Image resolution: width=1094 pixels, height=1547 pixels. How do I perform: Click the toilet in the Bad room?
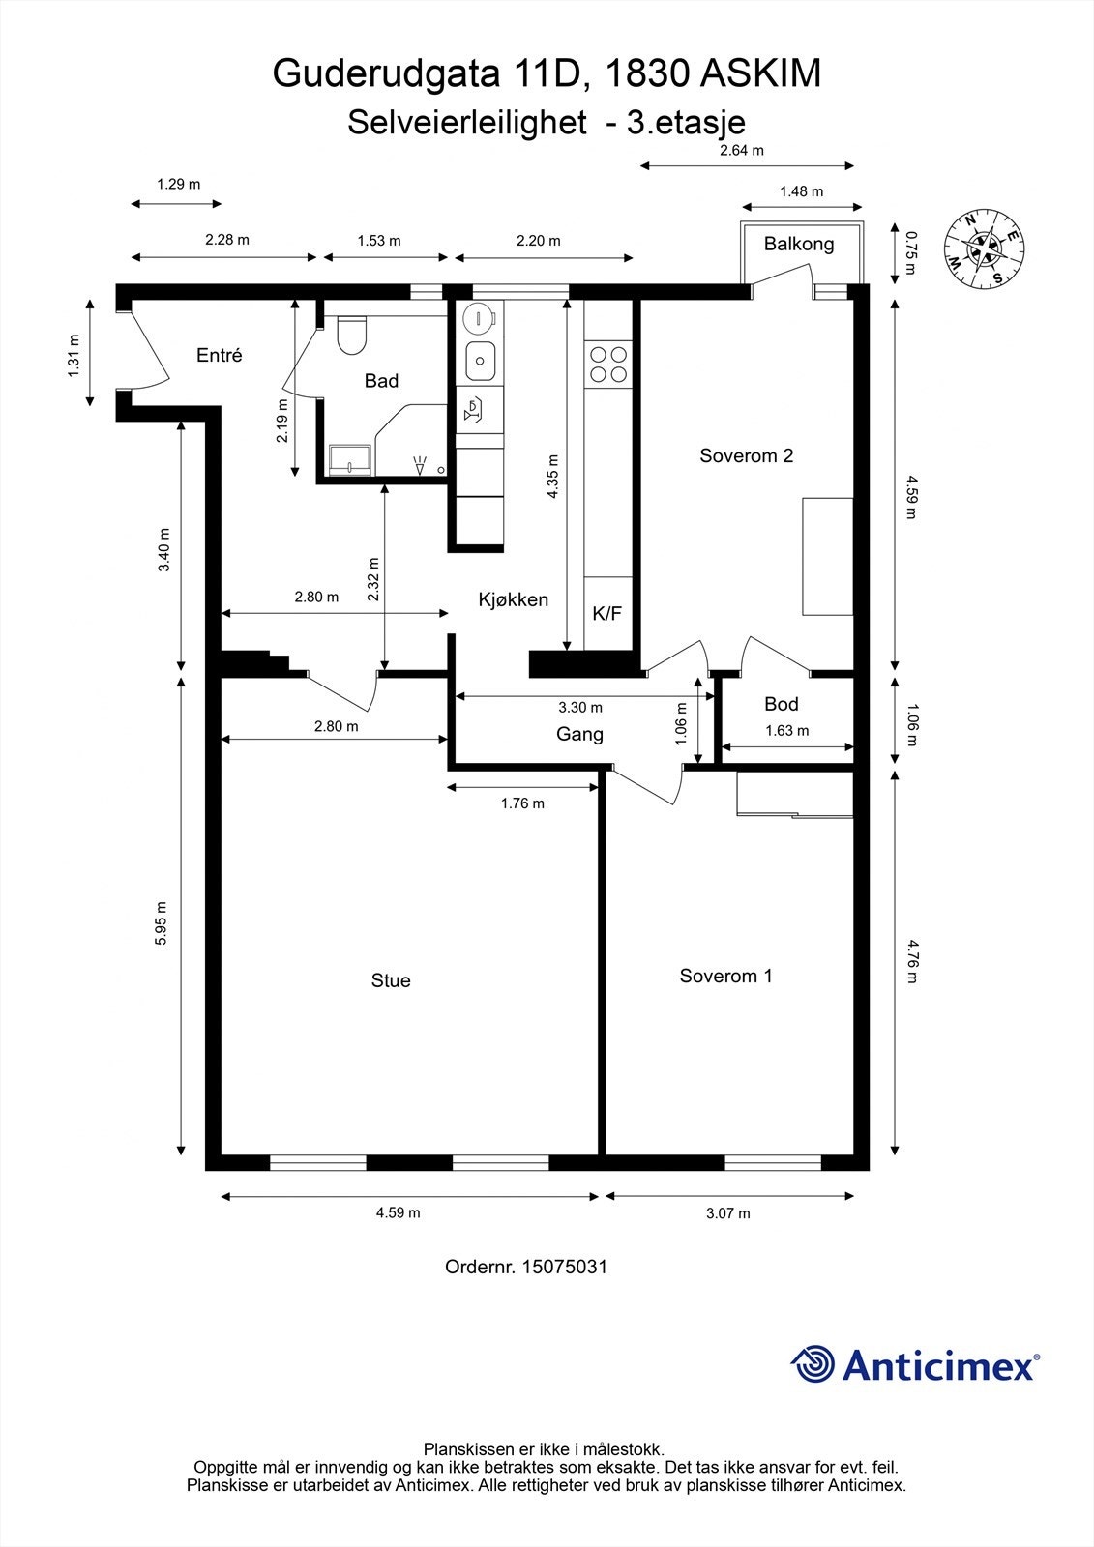pyautogui.click(x=352, y=335)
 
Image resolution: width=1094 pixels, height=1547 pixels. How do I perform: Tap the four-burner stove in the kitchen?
pyautogui.click(x=608, y=364)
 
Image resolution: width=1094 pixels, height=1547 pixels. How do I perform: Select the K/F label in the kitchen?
pyautogui.click(x=607, y=613)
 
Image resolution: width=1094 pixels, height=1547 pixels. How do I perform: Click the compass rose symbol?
pyautogui.click(x=984, y=248)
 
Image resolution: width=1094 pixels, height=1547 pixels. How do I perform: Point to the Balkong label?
pyautogui.click(x=799, y=244)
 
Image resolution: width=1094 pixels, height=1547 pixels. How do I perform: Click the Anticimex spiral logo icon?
pyautogui.click(x=813, y=1363)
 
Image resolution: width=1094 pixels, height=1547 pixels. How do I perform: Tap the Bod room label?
pyautogui.click(x=782, y=704)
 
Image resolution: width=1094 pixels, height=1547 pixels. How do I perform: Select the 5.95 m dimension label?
pyautogui.click(x=161, y=923)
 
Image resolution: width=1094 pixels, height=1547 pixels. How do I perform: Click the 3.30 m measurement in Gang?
pyautogui.click(x=580, y=707)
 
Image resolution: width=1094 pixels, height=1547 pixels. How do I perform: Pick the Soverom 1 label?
pyautogui.click(x=725, y=976)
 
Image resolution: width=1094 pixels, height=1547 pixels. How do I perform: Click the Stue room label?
pyautogui.click(x=391, y=980)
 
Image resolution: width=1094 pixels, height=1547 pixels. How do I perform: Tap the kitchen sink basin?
pyautogui.click(x=481, y=361)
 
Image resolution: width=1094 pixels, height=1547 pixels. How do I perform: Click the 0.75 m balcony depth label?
pyautogui.click(x=911, y=253)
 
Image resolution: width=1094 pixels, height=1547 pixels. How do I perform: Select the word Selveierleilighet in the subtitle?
pyautogui.click(x=467, y=123)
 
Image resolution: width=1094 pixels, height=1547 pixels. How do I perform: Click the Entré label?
pyautogui.click(x=219, y=355)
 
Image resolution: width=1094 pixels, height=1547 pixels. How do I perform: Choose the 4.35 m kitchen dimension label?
pyautogui.click(x=552, y=477)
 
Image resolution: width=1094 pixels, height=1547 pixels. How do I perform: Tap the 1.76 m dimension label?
pyautogui.click(x=522, y=803)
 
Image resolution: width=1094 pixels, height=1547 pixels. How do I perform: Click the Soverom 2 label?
pyautogui.click(x=747, y=455)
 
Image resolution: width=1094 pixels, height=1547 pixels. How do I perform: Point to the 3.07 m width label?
pyautogui.click(x=727, y=1213)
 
